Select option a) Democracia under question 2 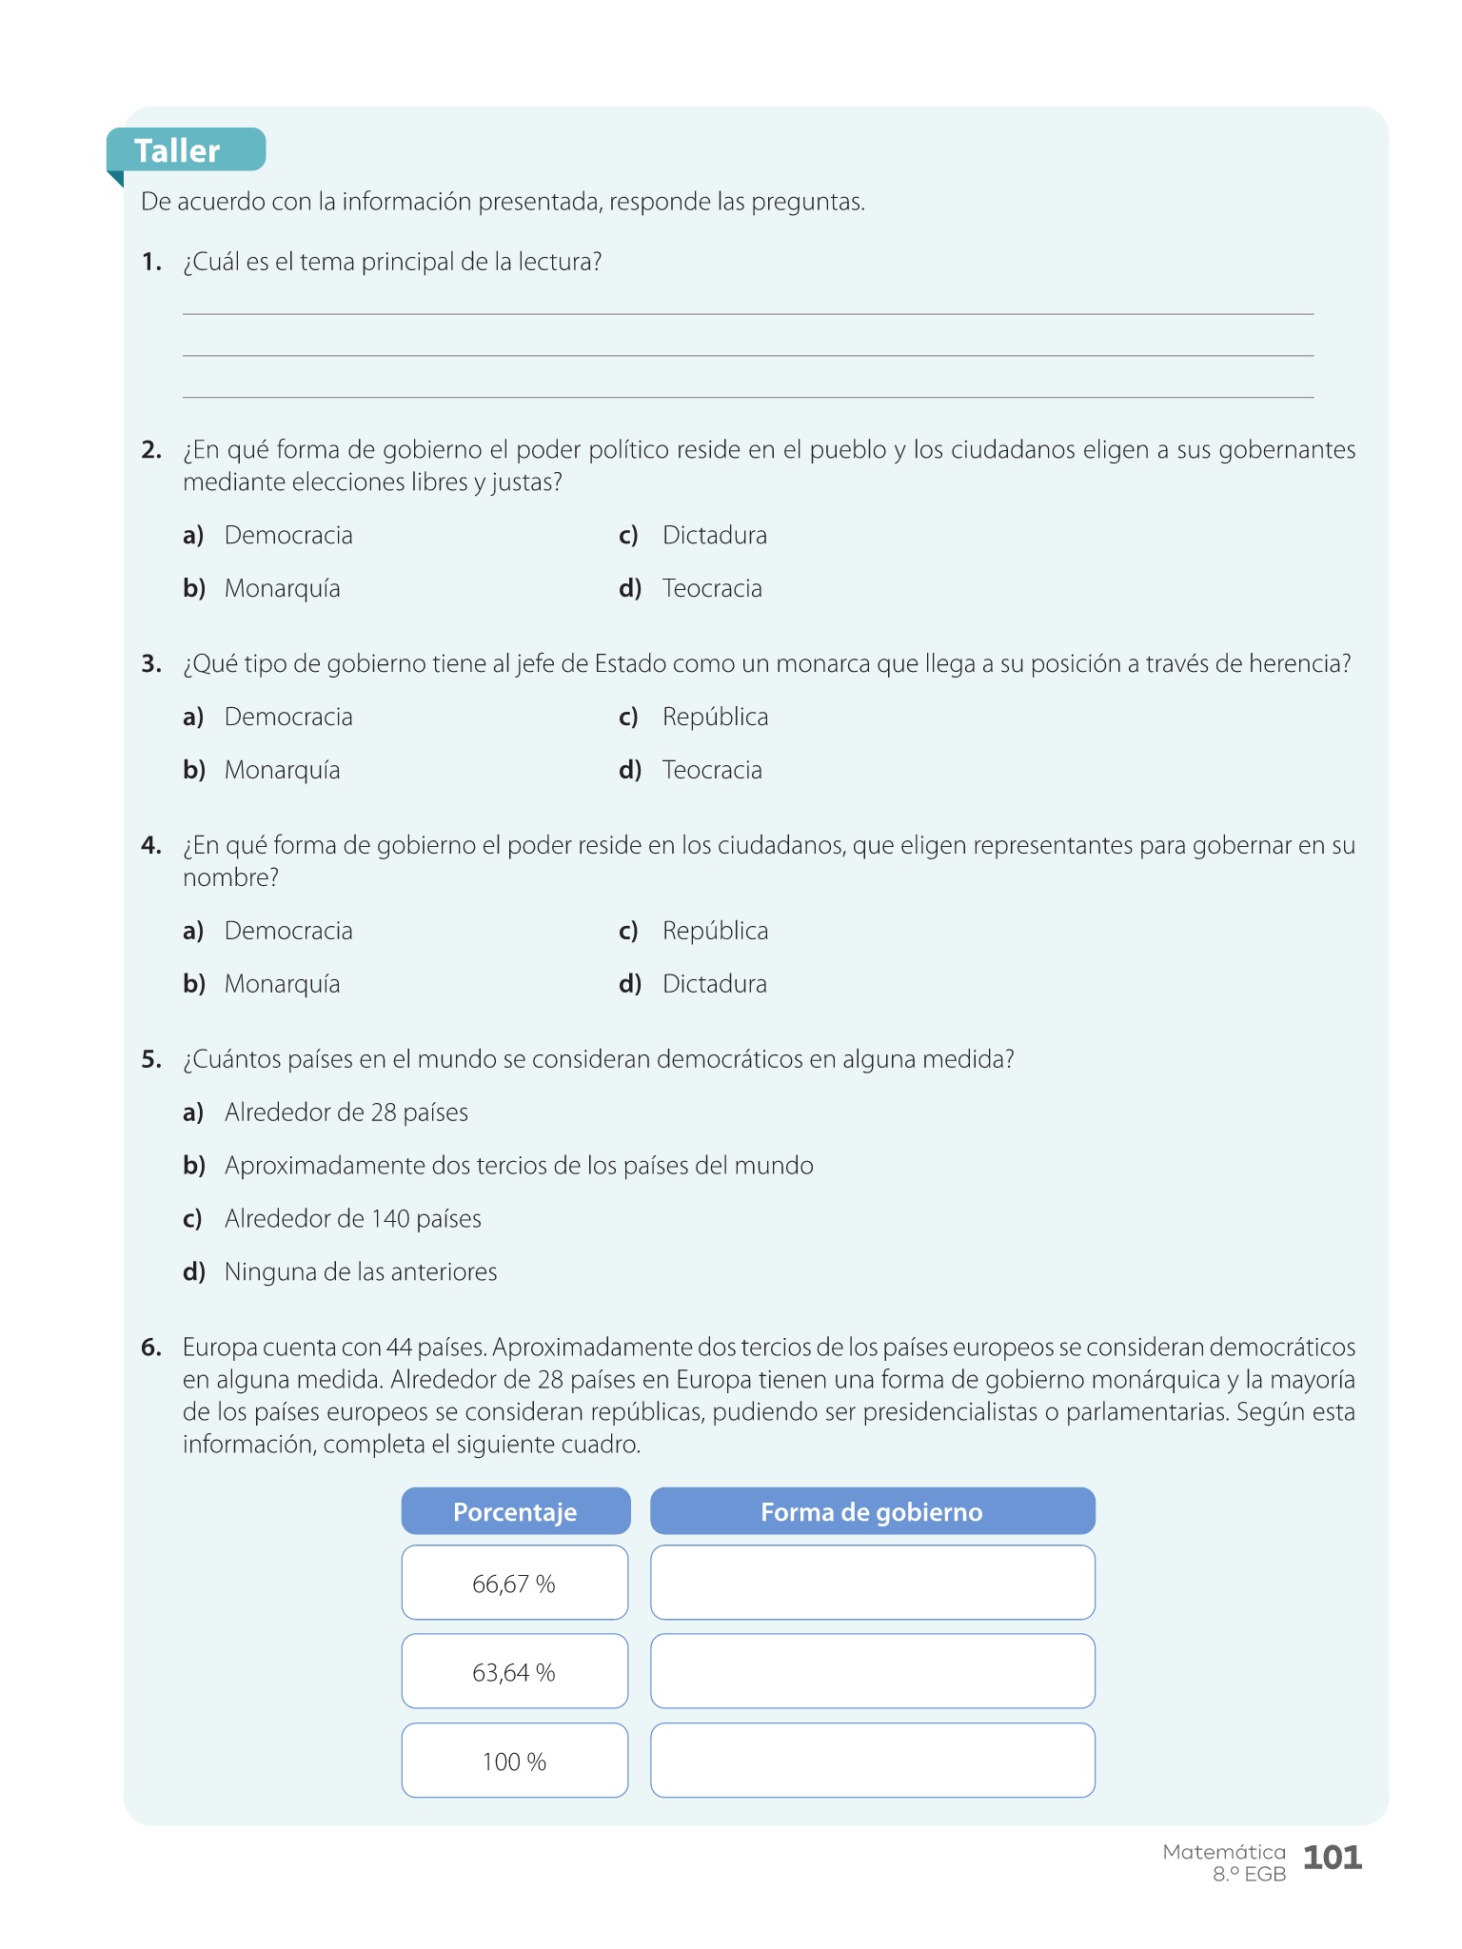287,536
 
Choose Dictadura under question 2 714,536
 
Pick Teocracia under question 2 712,589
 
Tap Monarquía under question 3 282,771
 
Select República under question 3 715,718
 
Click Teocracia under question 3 712,771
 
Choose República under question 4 715,932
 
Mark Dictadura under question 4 714,985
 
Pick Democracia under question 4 287,932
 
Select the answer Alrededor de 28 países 346,1113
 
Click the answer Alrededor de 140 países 352,1220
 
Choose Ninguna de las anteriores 360,1273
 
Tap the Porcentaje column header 515,1512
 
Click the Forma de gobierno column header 872,1512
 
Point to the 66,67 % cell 514,1584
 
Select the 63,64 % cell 514,1673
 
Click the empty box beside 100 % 872,1762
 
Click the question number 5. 151,1060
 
